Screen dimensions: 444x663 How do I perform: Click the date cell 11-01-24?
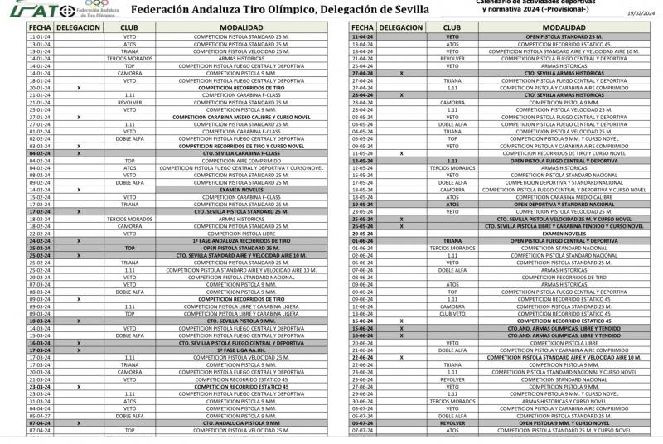(x=39, y=37)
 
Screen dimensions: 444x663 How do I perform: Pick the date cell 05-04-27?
(x=39, y=415)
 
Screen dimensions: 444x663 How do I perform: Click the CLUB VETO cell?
(x=452, y=313)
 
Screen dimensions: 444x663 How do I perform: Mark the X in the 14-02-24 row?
(x=79, y=190)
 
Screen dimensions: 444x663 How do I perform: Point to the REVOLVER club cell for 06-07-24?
(x=452, y=422)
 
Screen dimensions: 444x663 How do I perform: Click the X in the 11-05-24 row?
(x=401, y=153)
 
